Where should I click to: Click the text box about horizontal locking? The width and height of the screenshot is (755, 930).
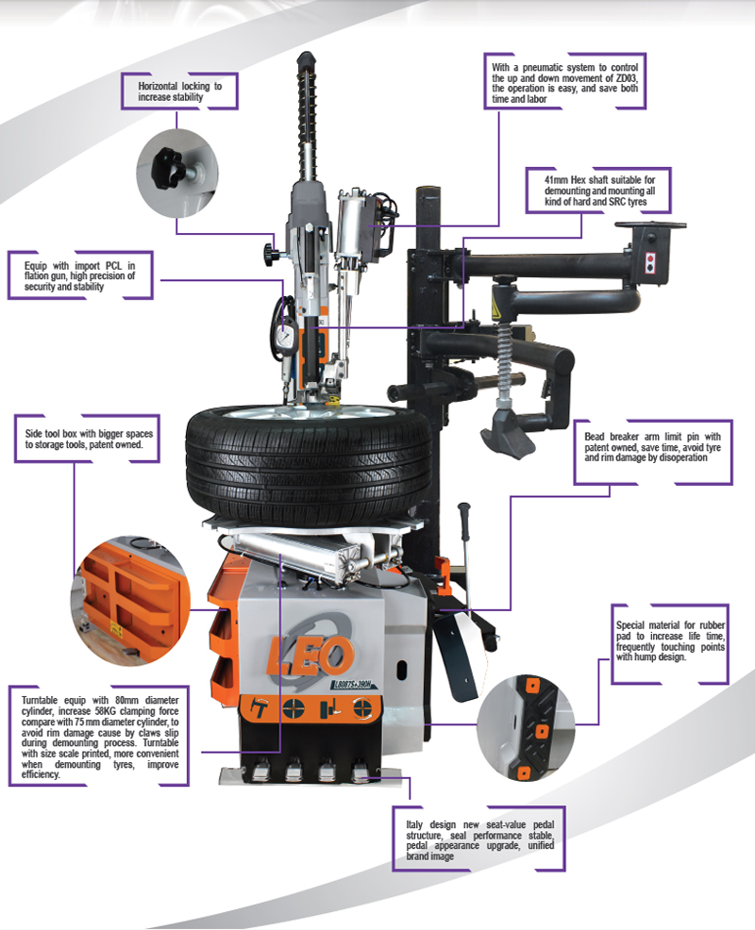click(180, 91)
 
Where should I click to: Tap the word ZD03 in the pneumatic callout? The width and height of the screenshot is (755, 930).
click(626, 78)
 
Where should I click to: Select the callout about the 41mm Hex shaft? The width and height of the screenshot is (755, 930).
click(598, 191)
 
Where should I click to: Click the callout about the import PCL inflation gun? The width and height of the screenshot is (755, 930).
click(80, 275)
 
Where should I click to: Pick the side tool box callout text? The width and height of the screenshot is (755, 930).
click(87, 439)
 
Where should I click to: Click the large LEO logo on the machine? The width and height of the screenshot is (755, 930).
click(310, 655)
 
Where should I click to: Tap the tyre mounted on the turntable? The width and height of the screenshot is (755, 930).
click(309, 462)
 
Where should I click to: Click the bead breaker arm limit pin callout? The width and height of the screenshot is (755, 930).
click(653, 453)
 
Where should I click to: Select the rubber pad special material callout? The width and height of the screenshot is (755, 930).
click(669, 643)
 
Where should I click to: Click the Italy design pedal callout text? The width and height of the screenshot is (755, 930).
click(478, 839)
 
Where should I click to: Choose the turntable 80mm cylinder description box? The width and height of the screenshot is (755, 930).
click(98, 737)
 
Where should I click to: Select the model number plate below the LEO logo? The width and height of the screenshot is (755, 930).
click(353, 684)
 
